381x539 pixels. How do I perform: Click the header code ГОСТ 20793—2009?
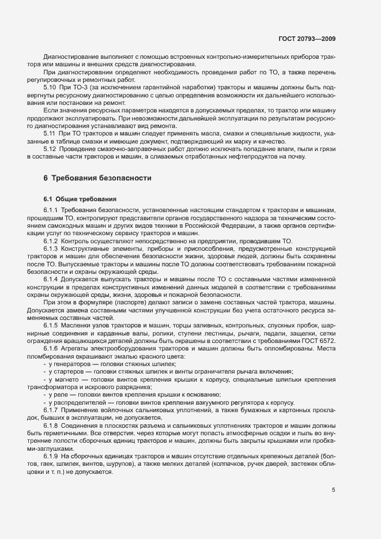(x=307, y=39)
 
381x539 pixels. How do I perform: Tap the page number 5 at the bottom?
(x=333, y=490)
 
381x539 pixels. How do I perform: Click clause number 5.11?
(x=50, y=133)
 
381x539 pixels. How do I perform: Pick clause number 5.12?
(x=50, y=149)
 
